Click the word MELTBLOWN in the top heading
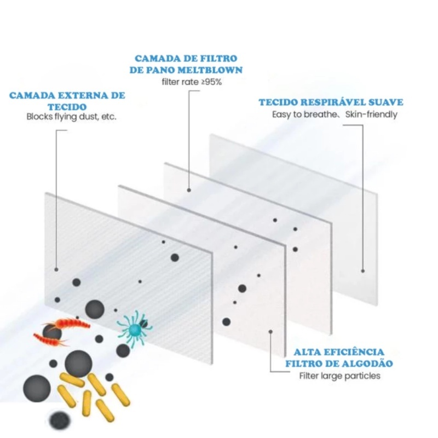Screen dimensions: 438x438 pos(210,70)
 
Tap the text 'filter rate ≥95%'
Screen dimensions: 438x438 pos(192,82)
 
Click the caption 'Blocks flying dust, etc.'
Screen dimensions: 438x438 pos(71,117)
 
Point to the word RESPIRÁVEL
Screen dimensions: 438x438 pos(333,102)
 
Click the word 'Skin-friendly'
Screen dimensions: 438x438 pos(371,114)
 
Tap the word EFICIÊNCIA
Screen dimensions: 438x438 pos(356,352)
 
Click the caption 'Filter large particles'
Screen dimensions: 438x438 pos(339,376)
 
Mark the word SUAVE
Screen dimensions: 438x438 pos(386,102)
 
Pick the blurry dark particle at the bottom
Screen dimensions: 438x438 pos(59,420)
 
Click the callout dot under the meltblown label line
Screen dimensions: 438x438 pos(189,190)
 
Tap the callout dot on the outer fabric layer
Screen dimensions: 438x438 pos(56,269)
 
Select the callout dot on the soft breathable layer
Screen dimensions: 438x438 pos(363,271)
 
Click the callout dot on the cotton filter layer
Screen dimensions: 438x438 pos(270,332)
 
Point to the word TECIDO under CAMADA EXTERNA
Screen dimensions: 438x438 pos(67,107)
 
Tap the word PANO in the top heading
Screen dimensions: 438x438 pos(160,70)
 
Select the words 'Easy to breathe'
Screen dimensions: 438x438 pos(304,114)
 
